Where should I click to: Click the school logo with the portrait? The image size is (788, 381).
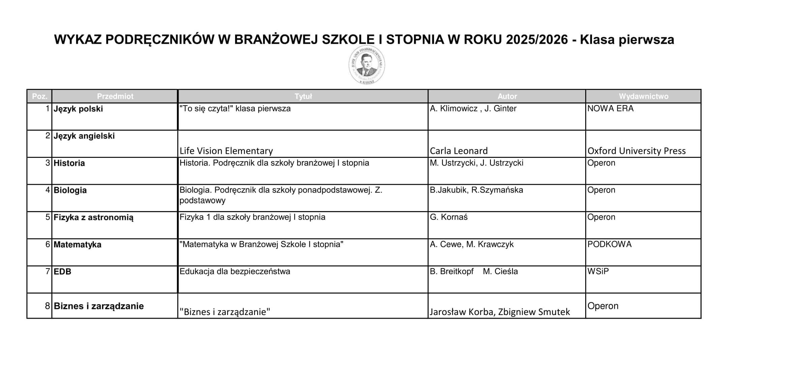[367, 65]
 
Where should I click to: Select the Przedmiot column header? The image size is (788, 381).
[115, 96]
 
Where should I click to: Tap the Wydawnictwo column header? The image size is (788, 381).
[643, 96]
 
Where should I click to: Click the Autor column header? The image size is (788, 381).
[507, 96]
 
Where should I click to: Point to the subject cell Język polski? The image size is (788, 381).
[78, 109]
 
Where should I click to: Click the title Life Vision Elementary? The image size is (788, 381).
[226, 151]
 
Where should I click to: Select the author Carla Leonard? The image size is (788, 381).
[459, 151]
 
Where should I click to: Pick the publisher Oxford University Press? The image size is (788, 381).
[636, 151]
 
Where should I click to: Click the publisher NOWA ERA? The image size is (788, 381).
[610, 108]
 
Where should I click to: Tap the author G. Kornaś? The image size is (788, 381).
[448, 217]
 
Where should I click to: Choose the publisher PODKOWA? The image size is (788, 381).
[609, 244]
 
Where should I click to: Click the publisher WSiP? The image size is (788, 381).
[598, 271]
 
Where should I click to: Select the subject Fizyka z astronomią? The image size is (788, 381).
[93, 217]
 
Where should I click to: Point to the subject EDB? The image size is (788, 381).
[62, 272]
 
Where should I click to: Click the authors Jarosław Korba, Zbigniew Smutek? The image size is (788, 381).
[500, 312]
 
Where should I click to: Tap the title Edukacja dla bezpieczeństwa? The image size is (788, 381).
[234, 271]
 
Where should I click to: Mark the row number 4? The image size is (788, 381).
[48, 190]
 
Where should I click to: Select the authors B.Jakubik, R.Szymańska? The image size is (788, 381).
[476, 190]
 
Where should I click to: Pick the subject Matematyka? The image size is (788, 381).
[77, 245]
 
